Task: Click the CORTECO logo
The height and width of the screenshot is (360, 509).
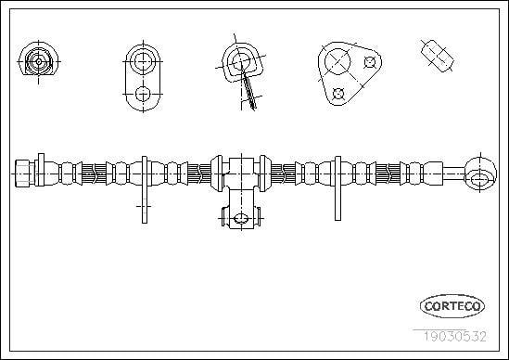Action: (x=452, y=306)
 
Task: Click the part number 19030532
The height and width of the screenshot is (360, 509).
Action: (x=454, y=337)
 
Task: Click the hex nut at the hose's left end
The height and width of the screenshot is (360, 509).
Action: (x=25, y=174)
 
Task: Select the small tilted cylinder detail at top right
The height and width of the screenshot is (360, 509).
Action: (x=438, y=56)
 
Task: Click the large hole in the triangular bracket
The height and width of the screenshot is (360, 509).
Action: (x=337, y=61)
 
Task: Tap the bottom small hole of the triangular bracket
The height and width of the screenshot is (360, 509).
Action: (x=338, y=94)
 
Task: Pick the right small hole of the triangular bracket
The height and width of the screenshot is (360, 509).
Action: (x=370, y=62)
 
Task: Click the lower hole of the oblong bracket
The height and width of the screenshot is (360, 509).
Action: (x=143, y=95)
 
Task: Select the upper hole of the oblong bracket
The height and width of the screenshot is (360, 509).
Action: (x=143, y=61)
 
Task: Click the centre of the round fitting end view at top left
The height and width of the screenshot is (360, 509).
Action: (x=39, y=62)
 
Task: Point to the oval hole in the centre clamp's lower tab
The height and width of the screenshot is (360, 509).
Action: (x=241, y=218)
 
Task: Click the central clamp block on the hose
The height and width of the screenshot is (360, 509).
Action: (x=241, y=174)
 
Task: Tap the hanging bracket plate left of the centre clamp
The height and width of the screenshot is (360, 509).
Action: (x=145, y=190)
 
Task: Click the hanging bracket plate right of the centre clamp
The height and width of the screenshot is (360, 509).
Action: (x=337, y=188)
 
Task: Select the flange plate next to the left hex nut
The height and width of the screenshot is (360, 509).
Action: (x=41, y=170)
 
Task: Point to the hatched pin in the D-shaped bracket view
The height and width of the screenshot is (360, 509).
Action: (x=248, y=88)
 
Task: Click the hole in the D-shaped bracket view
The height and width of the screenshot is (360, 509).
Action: (x=241, y=62)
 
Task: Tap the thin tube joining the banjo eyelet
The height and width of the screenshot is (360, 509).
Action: (x=454, y=174)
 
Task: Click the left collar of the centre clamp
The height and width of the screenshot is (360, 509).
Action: (x=217, y=174)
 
